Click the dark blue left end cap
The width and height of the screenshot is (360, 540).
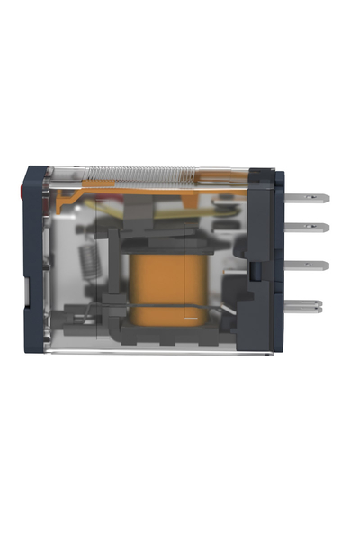[34, 261]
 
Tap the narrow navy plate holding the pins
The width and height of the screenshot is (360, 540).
[280, 261]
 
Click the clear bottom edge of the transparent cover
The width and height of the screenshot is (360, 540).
[153, 351]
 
